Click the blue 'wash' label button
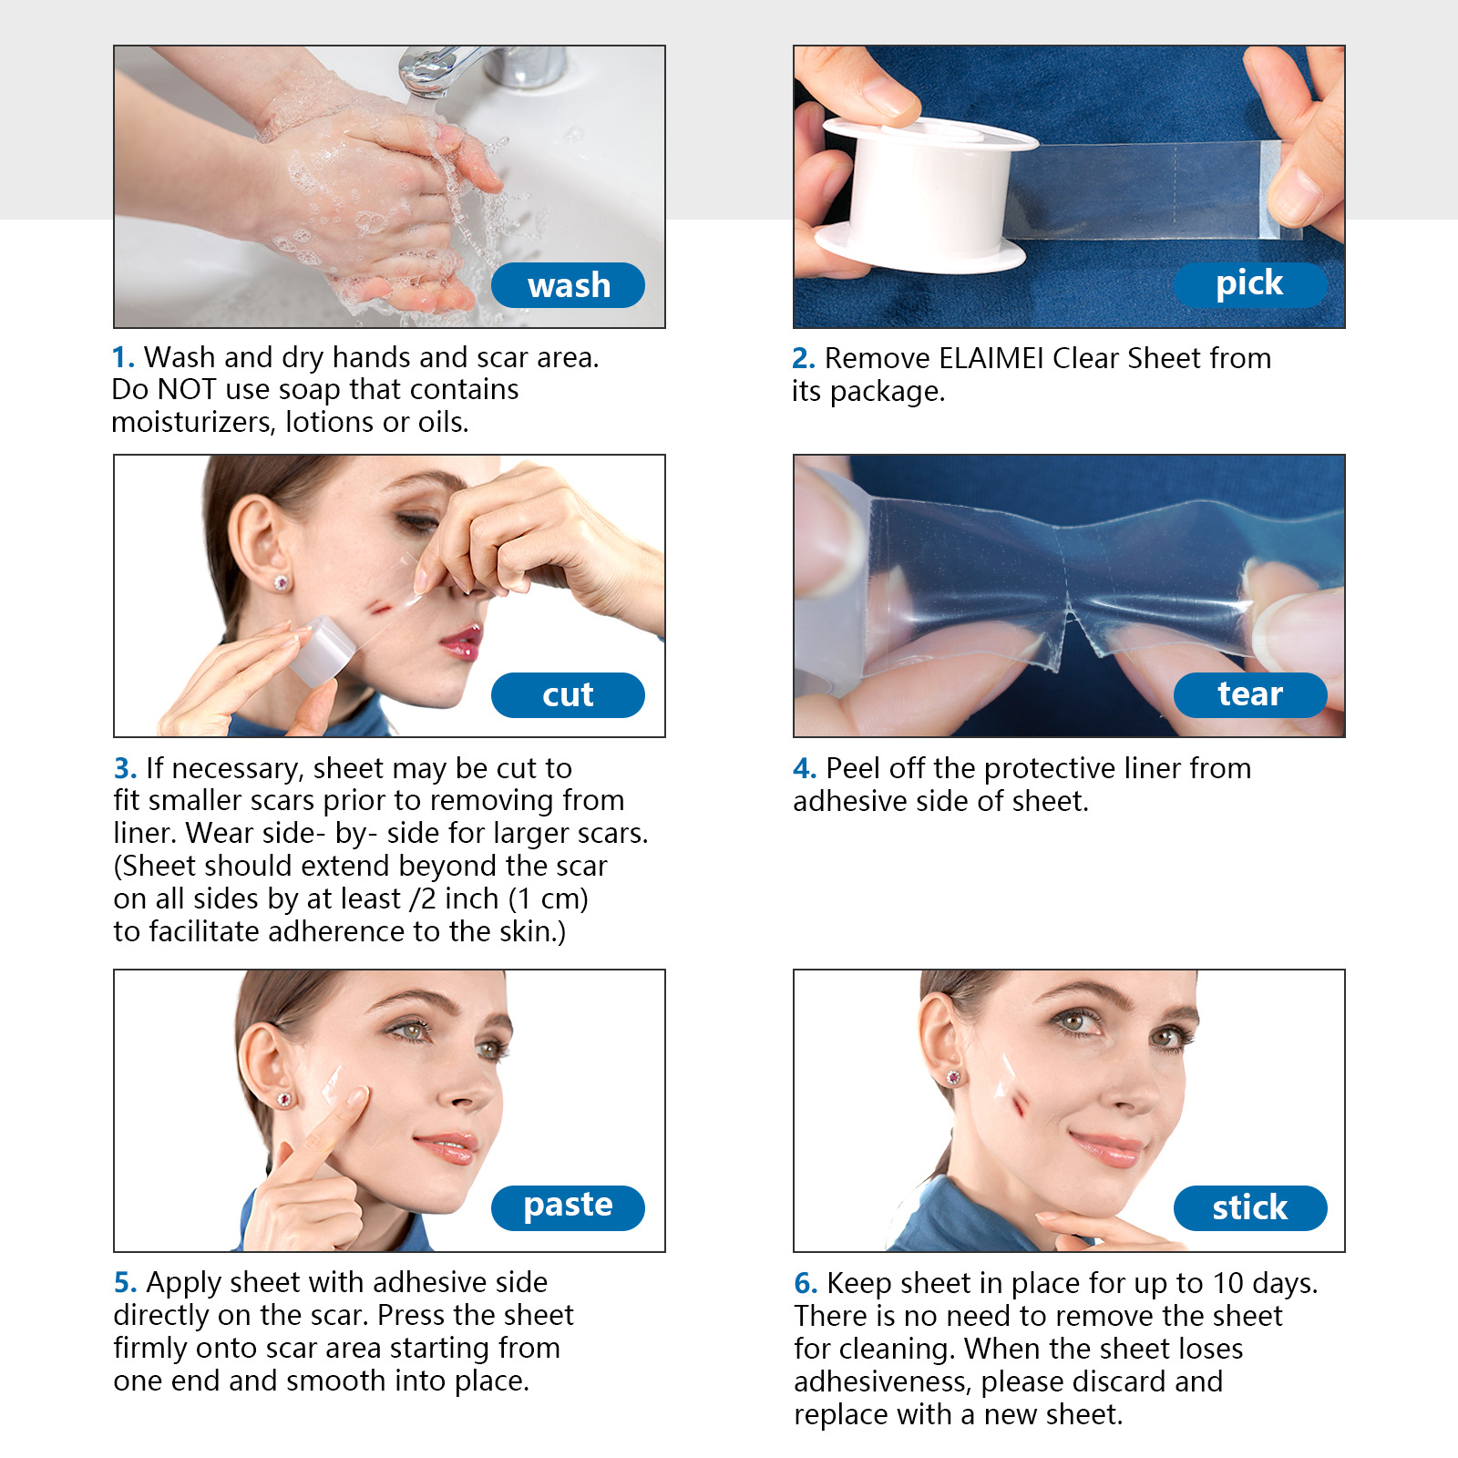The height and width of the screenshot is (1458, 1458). point(568,285)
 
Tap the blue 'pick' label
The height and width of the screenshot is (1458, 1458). point(1249,284)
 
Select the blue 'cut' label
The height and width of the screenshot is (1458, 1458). point(568,695)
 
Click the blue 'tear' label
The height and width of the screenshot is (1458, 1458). point(1249,694)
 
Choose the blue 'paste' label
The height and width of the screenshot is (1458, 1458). point(568,1206)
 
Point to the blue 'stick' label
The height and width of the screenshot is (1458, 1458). point(1249,1208)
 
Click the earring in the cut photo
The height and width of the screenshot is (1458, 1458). point(282,581)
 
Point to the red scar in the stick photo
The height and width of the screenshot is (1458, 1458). point(1019,1104)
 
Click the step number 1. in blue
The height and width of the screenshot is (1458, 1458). point(123,357)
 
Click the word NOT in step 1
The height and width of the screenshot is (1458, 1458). point(186,390)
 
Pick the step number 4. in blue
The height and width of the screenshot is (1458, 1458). point(804,768)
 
